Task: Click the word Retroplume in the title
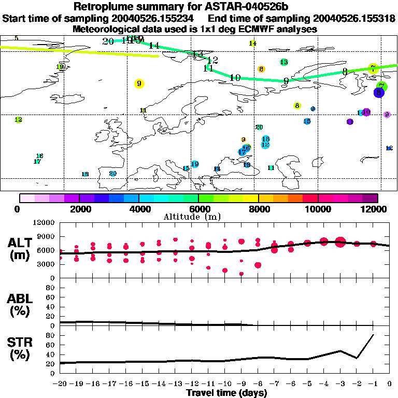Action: [101, 7]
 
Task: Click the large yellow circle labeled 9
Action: [139, 83]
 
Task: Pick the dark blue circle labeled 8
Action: [379, 92]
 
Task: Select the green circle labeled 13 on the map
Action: [284, 62]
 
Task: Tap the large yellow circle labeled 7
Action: [373, 68]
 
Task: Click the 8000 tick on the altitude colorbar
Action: [258, 209]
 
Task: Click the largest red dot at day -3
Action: [340, 241]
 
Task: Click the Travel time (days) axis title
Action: [226, 393]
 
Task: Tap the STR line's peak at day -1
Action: [373, 335]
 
